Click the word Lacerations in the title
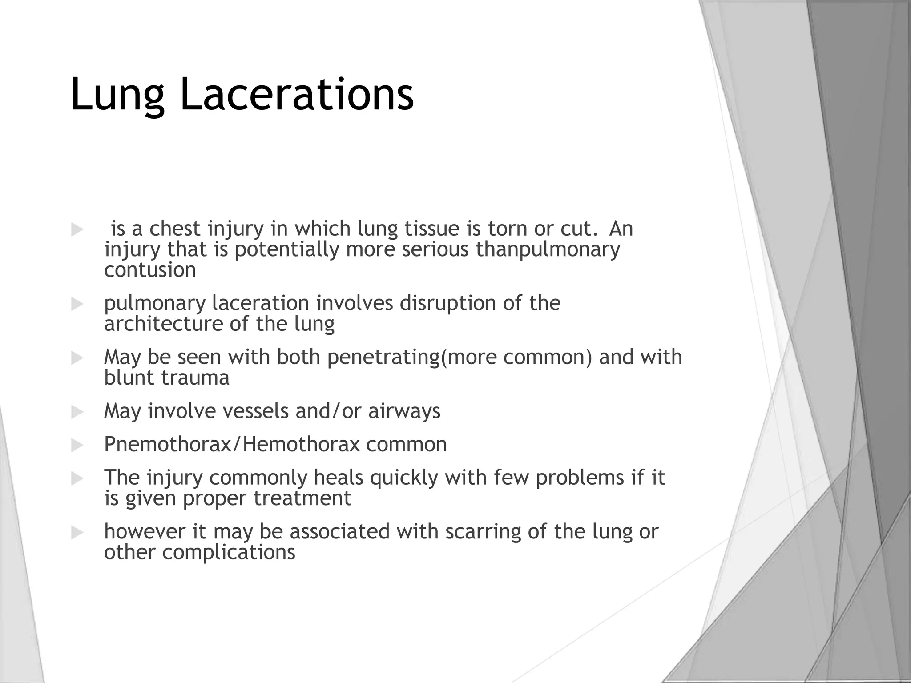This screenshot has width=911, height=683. pyautogui.click(x=297, y=94)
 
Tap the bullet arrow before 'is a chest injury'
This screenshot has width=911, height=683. pyautogui.click(x=77, y=230)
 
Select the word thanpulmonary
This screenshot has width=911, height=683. pyautogui.click(x=548, y=249)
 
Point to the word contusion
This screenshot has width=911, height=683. pyautogui.click(x=150, y=270)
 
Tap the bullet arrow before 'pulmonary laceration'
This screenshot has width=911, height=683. pyautogui.click(x=77, y=304)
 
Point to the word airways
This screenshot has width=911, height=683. pyautogui.click(x=404, y=411)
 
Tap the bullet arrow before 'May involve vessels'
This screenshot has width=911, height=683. pyautogui.click(x=77, y=412)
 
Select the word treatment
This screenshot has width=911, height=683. pyautogui.click(x=302, y=498)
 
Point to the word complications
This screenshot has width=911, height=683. pyautogui.click(x=228, y=553)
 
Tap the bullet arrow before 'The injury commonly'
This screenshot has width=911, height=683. pyautogui.click(x=77, y=479)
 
